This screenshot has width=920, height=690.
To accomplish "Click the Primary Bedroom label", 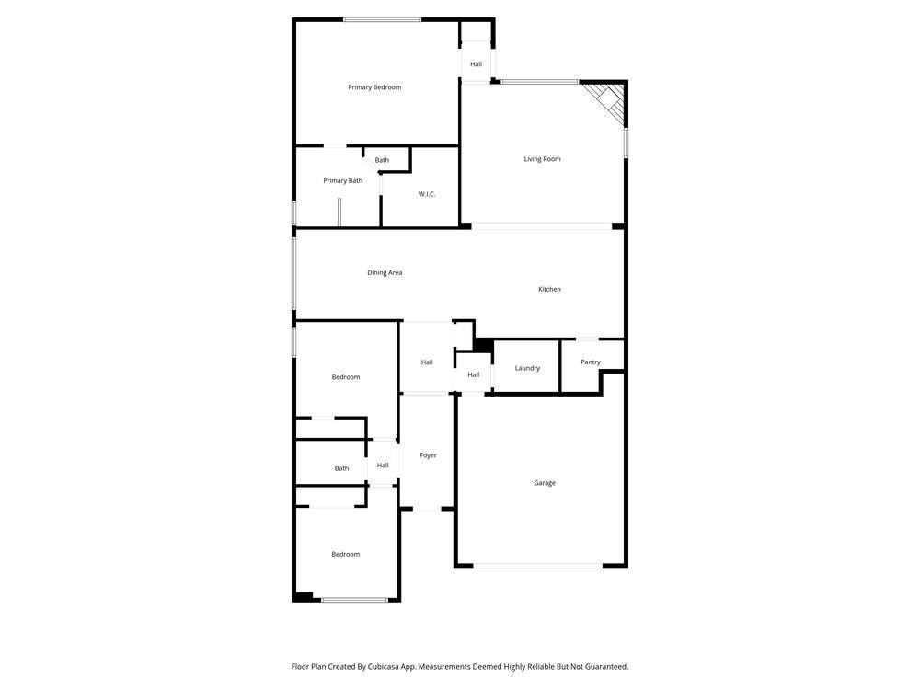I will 374,87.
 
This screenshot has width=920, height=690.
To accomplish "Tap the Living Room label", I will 542,159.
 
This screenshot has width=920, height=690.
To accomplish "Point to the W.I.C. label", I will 427,194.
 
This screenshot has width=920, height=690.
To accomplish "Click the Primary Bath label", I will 342,180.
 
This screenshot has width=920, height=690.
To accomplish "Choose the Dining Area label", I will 385,272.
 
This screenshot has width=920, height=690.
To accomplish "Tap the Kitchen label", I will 549,289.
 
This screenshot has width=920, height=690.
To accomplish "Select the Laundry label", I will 527,368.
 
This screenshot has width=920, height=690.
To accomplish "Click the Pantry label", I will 591,362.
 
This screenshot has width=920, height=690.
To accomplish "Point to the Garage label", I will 545,483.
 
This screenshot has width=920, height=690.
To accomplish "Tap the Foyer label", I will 428,455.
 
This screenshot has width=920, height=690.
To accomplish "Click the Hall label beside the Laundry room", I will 473,374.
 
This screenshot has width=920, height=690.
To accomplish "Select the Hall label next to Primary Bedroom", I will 476,64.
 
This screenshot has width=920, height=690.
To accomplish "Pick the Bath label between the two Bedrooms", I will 341,468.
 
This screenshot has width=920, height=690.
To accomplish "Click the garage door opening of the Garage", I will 539,565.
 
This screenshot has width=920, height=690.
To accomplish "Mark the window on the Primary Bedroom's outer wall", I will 382,19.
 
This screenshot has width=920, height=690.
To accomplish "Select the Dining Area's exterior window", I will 294,273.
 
